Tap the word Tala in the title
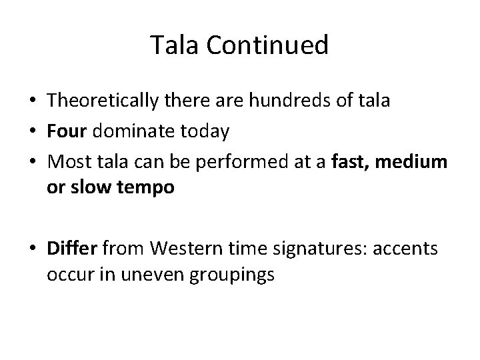[173, 45]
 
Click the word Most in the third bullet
[66, 160]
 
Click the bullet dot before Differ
[32, 249]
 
